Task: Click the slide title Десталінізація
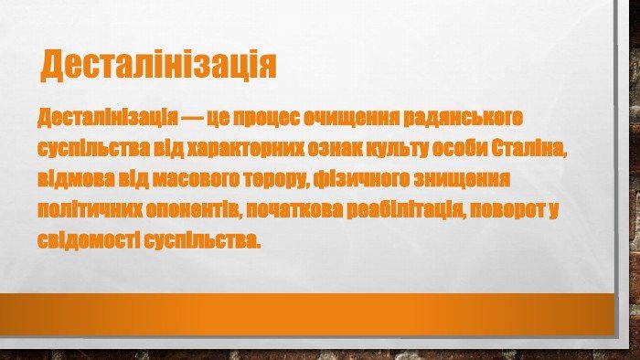click(158, 65)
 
